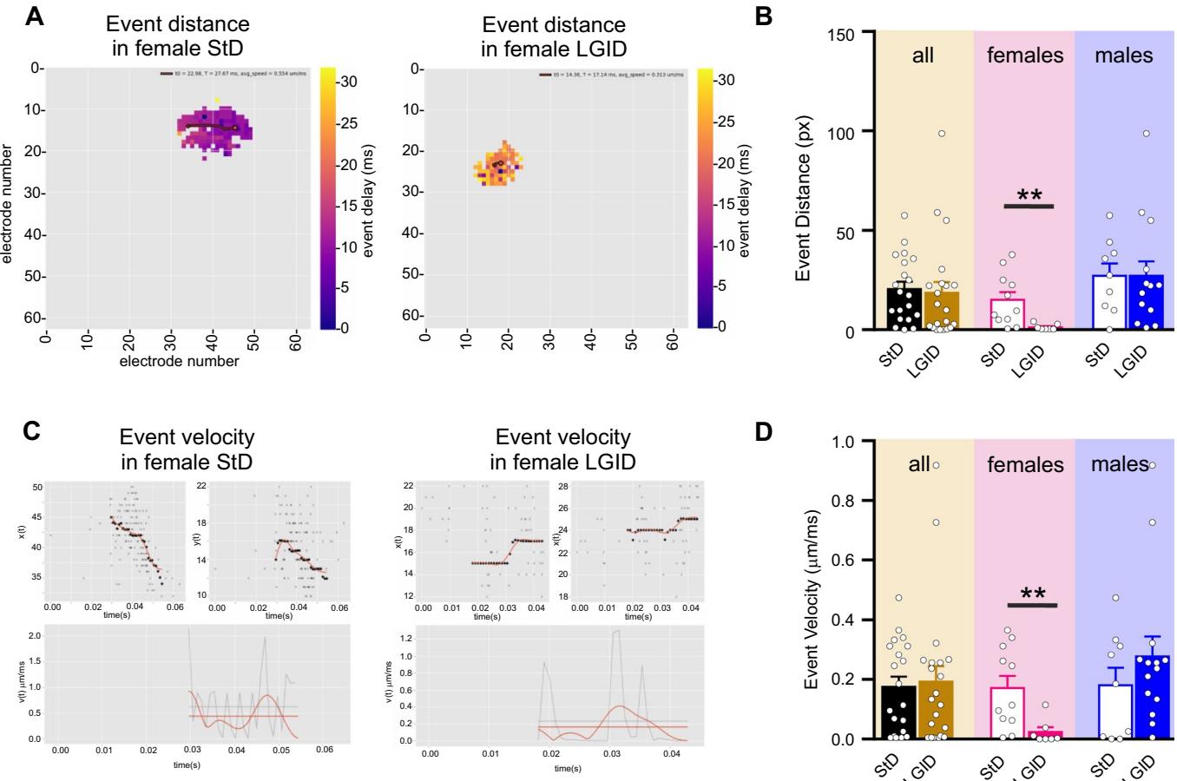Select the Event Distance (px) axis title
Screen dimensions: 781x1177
pyautogui.click(x=802, y=182)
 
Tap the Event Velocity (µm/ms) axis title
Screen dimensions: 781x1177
pyautogui.click(x=802, y=590)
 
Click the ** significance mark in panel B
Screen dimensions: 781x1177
pyautogui.click(x=1029, y=196)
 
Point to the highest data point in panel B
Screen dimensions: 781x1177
pyautogui.click(x=941, y=134)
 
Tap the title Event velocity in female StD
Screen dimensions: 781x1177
pyautogui.click(x=187, y=448)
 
